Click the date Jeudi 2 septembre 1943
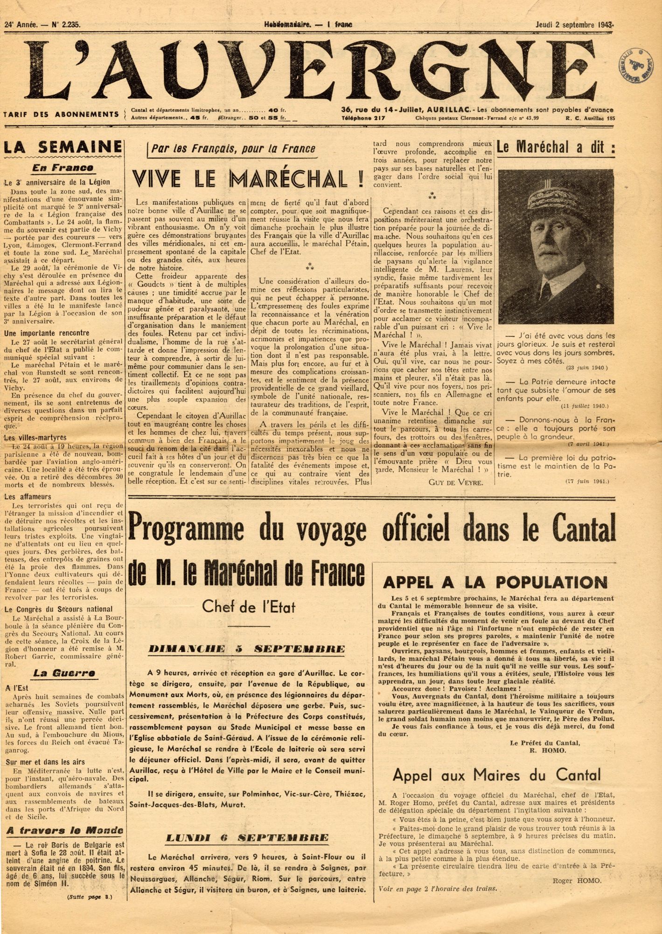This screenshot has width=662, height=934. pos(574,25)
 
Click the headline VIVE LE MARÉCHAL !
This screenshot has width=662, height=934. pos(248,179)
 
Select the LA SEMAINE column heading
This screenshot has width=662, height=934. pos(63,148)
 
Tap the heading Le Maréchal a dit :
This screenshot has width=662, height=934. pos(556,148)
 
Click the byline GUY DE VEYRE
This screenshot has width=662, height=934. pos(456,482)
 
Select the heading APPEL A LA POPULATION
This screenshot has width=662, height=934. pos(495,582)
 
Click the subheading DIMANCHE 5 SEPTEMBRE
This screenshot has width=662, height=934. pos(247,649)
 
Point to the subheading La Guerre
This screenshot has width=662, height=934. pos(64,673)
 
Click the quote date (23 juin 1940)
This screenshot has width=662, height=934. pos(587,368)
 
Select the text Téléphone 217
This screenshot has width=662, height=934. pos(362,119)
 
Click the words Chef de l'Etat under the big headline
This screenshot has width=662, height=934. pos(249,607)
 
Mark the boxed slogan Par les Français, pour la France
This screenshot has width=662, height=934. pos(233,149)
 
